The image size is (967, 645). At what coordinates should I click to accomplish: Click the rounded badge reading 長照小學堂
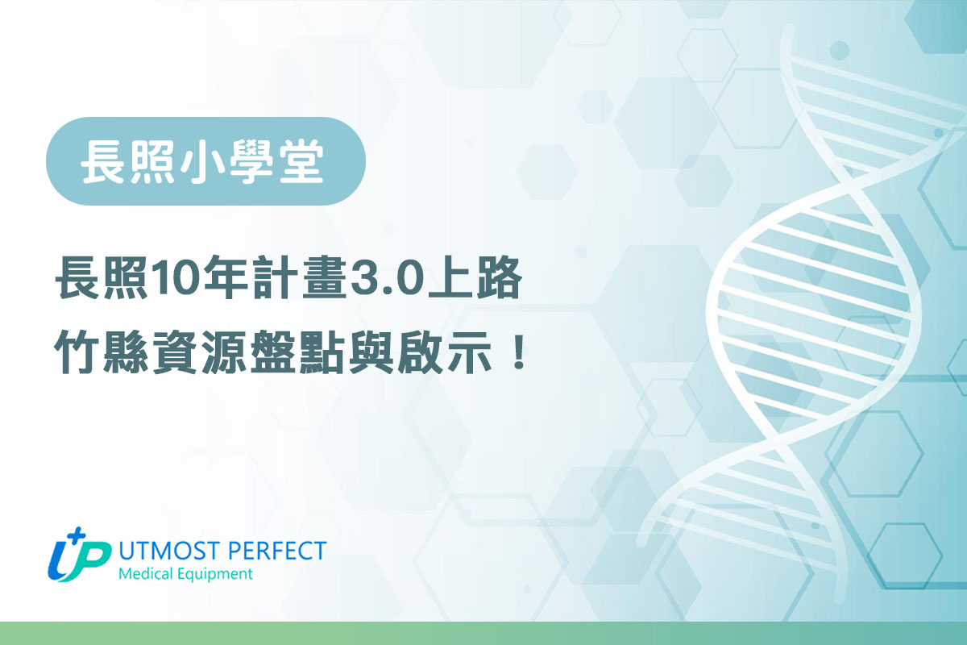point(205,161)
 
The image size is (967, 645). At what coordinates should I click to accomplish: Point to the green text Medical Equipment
point(185,575)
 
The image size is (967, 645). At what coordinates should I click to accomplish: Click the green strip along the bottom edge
point(483,634)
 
